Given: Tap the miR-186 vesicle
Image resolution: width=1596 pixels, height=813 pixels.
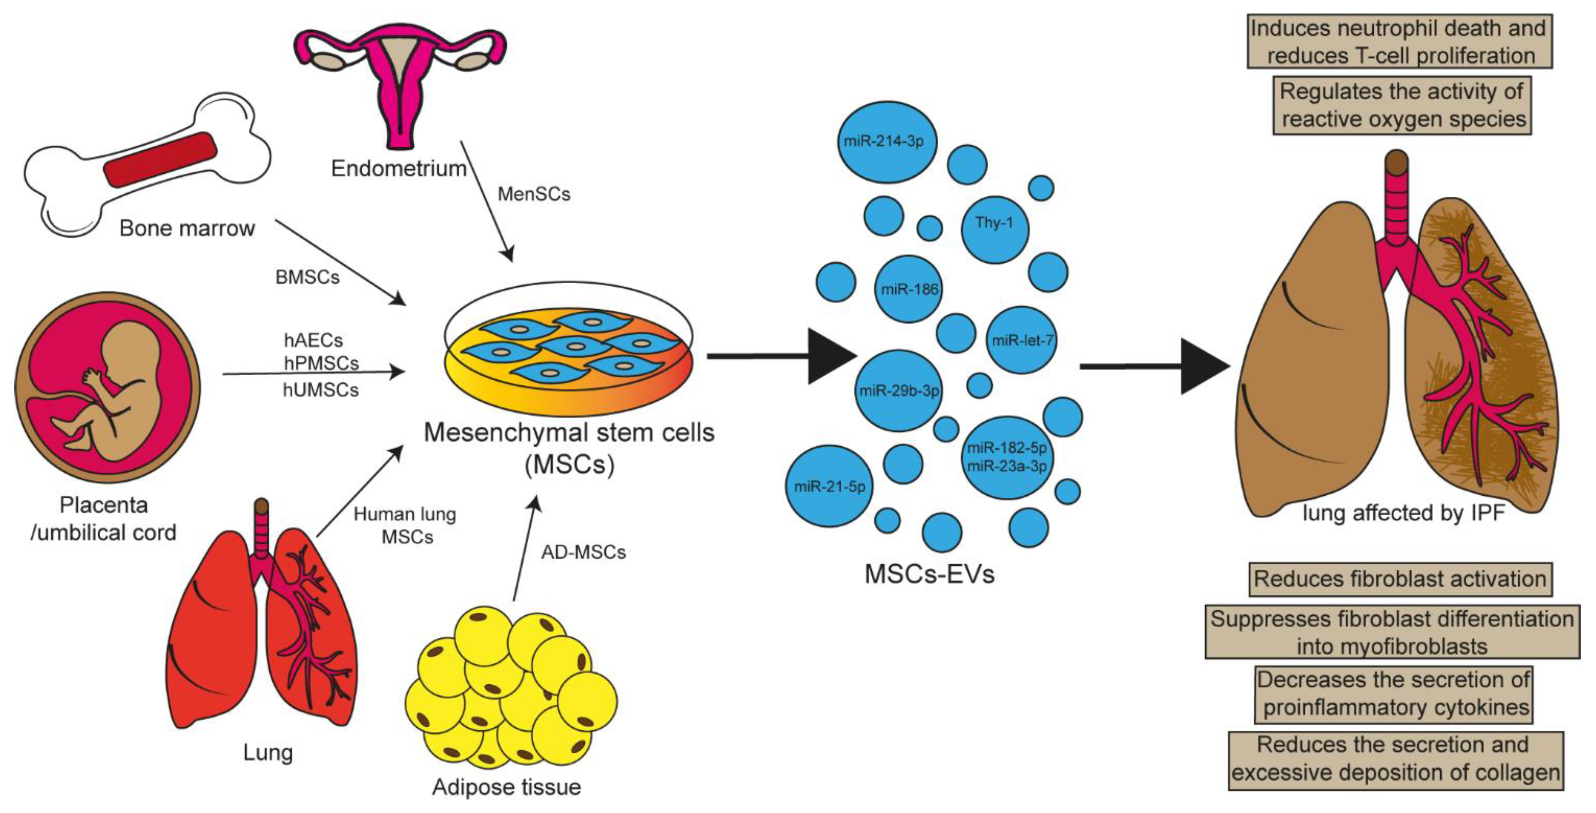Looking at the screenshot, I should (908, 289).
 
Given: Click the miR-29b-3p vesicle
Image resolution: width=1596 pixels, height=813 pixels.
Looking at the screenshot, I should (898, 390).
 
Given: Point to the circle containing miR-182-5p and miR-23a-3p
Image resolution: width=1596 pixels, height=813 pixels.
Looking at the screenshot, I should (1007, 457).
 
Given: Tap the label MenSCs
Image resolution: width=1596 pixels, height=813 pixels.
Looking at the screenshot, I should (533, 194).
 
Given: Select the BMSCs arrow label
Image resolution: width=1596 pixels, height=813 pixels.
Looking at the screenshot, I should (307, 277).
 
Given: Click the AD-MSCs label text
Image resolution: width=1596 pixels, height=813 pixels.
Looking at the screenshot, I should (583, 552).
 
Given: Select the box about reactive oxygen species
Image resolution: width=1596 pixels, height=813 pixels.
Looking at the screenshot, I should (1402, 105).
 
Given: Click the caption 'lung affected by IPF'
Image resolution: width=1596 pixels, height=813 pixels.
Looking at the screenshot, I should (1403, 513).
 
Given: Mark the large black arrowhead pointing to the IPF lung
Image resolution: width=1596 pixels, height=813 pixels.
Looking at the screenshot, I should (1202, 366).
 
